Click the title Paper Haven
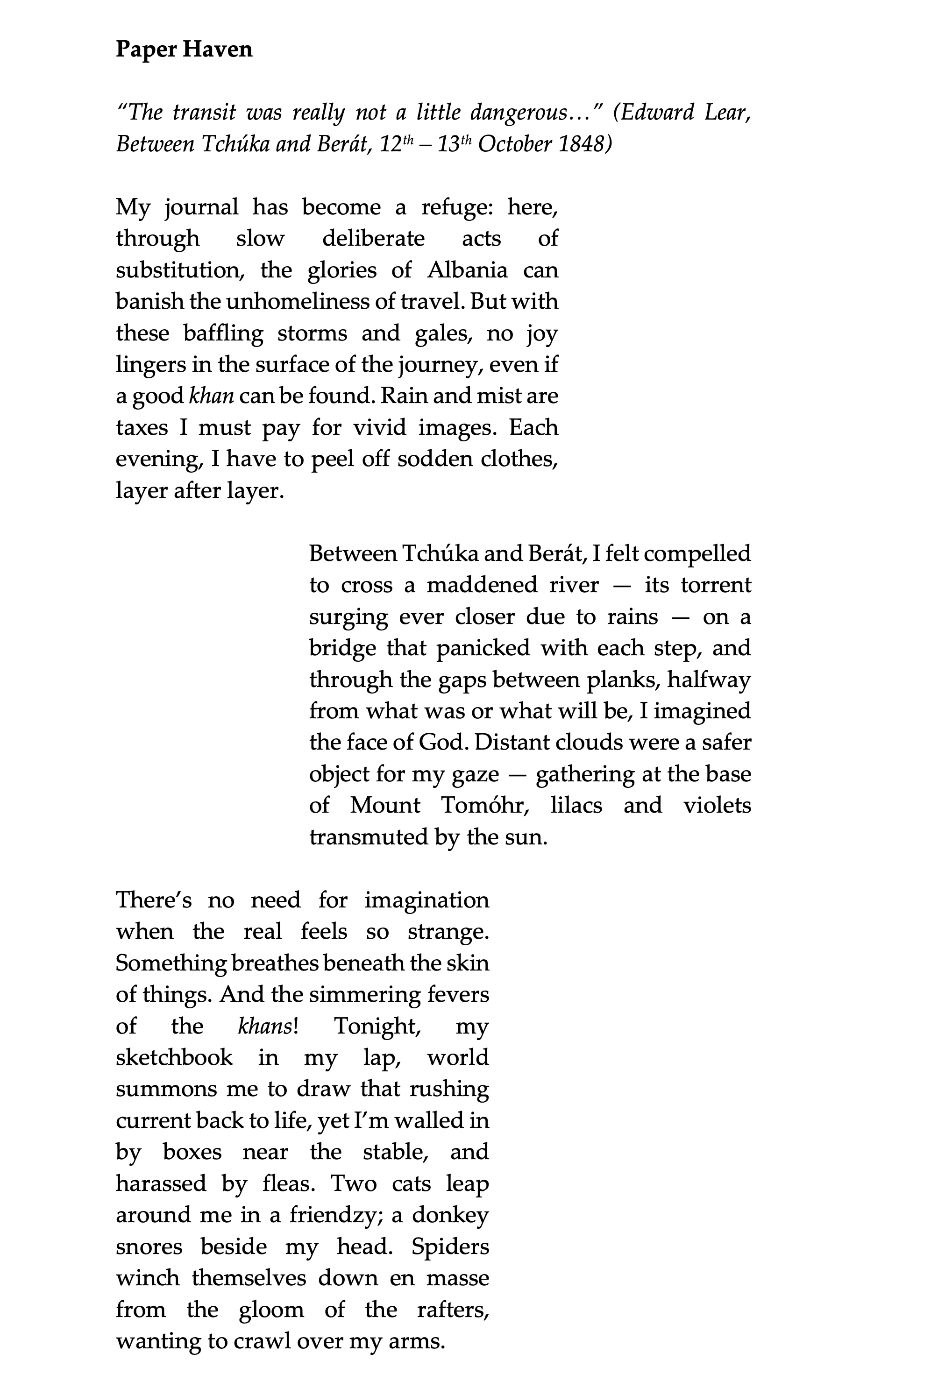point(184,49)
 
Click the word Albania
point(467,270)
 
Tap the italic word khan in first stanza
point(211,396)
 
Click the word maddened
point(482,585)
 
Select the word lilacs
point(576,805)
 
